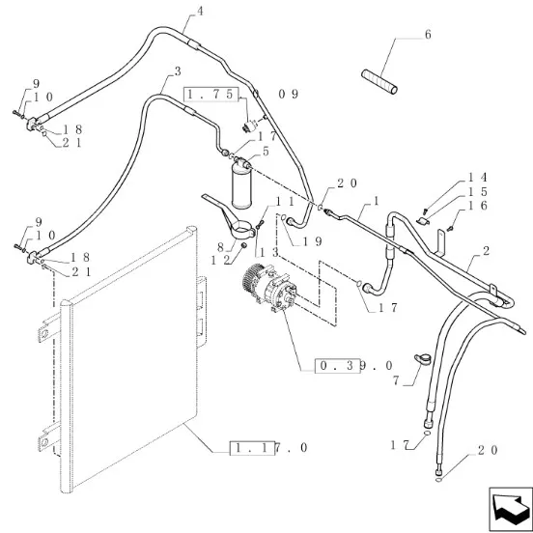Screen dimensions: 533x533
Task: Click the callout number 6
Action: click(428, 35)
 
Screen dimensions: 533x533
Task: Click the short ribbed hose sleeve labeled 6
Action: click(379, 81)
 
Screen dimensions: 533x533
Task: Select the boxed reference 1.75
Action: click(210, 95)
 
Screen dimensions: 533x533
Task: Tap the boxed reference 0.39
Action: click(337, 366)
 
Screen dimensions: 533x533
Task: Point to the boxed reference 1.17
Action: click(252, 448)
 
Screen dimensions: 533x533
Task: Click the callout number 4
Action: click(200, 12)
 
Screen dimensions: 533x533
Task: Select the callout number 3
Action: click(178, 71)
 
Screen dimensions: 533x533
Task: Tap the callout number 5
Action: click(266, 152)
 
